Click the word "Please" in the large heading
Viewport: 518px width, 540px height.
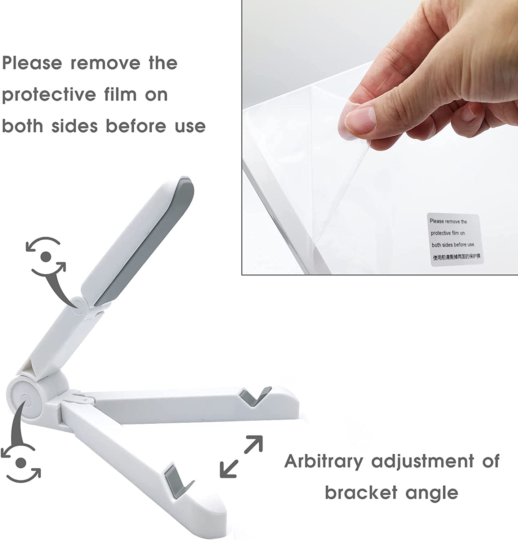pos(32,63)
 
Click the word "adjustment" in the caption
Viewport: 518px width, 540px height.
pos(423,461)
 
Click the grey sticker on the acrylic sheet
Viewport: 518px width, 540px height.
pos(455,240)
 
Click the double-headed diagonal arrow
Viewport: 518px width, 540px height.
pos(241,456)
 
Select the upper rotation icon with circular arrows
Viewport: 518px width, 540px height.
pos(45,256)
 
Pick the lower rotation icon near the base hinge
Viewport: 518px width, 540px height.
pos(21,462)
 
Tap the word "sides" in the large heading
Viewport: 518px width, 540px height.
pos(74,126)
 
